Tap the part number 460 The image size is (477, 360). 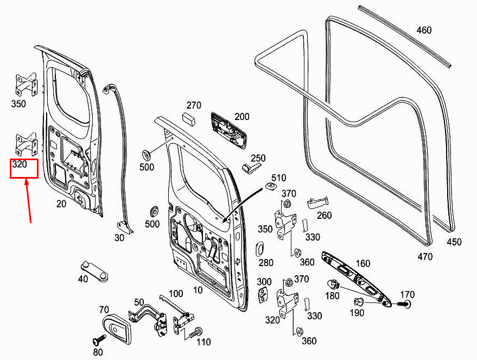point(424,30)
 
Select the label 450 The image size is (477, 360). point(454,242)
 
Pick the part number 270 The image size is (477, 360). point(194,105)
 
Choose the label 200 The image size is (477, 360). point(242,117)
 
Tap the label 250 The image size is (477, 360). point(258,158)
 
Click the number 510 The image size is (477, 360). point(278,178)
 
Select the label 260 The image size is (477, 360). point(324,216)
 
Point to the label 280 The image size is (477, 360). point(266,263)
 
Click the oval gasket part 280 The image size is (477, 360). point(259,249)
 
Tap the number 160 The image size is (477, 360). point(362,264)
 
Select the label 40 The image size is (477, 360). point(82,279)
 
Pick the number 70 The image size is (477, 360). point(104,310)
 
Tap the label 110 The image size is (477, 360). point(203,342)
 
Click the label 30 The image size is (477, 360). point(119,237)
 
